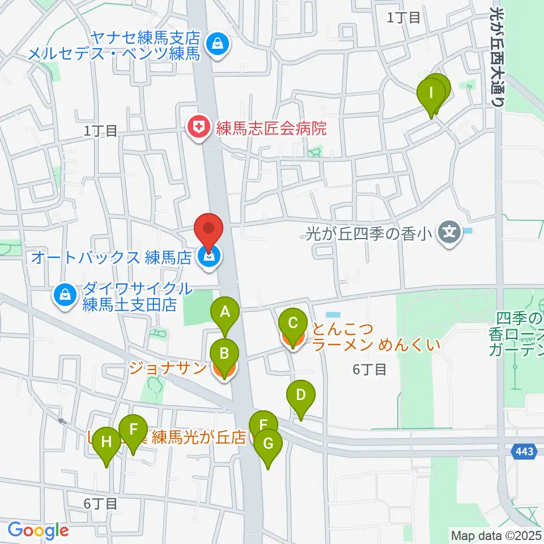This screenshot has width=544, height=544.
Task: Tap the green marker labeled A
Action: (225, 312)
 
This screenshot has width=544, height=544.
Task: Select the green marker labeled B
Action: (224, 356)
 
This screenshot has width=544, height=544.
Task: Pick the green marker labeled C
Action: (293, 324)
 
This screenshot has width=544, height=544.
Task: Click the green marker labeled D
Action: (301, 395)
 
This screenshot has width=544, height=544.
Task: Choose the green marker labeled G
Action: (268, 444)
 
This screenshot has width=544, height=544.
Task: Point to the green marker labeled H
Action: (107, 442)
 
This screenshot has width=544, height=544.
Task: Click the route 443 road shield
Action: (525, 452)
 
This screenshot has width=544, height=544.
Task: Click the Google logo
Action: (38, 530)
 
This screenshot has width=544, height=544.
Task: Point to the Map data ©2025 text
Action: (496, 534)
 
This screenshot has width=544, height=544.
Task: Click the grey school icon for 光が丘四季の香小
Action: (449, 232)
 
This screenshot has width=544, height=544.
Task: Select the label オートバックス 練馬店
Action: (112, 257)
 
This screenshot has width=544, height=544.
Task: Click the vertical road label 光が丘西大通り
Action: (496, 57)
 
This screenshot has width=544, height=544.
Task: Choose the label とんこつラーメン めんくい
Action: (374, 336)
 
